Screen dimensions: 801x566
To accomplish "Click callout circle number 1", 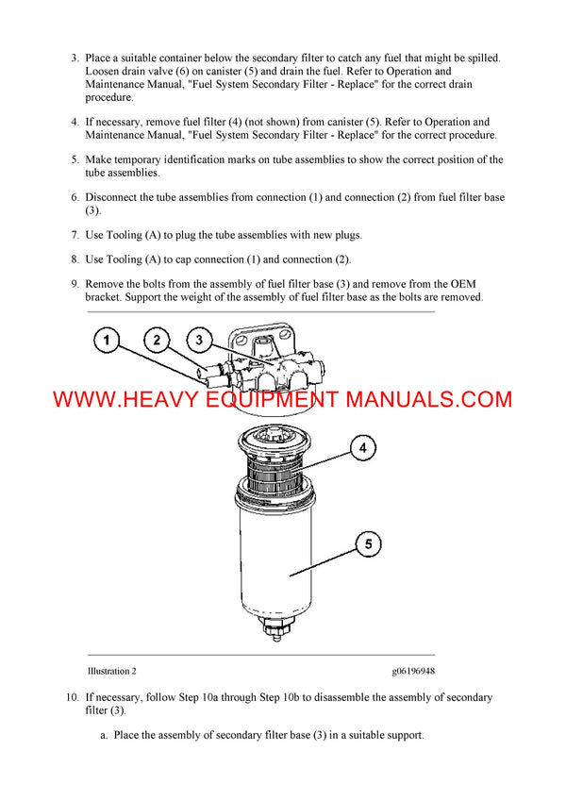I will (108, 341).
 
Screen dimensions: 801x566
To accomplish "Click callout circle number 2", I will (157, 341).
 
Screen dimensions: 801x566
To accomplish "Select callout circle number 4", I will (363, 449).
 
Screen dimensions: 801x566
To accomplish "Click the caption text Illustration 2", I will (111, 671).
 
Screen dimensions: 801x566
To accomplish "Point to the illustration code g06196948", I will (413, 671).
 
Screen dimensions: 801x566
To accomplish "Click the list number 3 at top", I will (75, 58).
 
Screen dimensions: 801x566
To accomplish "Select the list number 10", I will (72, 698).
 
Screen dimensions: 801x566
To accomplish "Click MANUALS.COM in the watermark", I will (429, 399).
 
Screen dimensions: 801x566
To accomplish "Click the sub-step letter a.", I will (104, 735).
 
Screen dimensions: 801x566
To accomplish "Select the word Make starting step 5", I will (99, 159).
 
